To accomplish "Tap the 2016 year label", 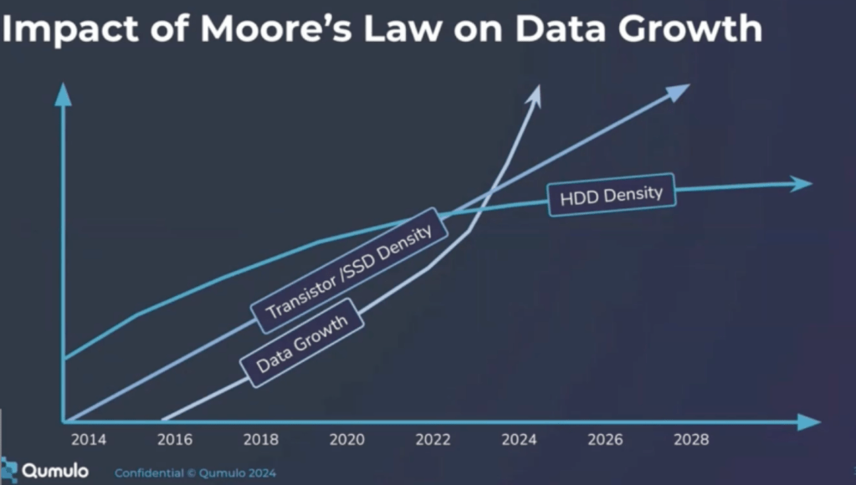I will click(x=174, y=440).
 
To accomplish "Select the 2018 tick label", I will click(x=260, y=440).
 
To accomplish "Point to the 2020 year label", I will click(x=346, y=440).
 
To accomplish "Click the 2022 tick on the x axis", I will click(x=432, y=440).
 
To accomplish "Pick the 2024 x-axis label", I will click(x=519, y=440).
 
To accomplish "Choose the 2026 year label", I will click(x=605, y=440).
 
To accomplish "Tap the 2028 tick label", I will click(x=691, y=440).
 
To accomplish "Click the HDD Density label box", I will click(x=610, y=196).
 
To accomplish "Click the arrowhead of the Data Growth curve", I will click(x=535, y=94).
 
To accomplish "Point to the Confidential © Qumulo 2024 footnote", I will click(x=195, y=473).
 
